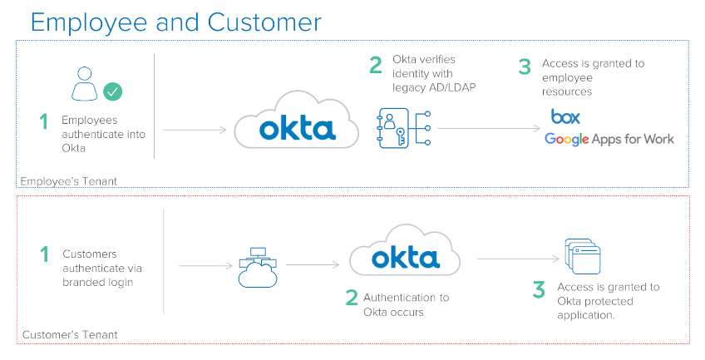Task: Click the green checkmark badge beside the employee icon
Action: click(112, 90)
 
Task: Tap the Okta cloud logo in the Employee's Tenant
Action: click(296, 127)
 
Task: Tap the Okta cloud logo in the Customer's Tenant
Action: click(405, 256)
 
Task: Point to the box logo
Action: click(565, 116)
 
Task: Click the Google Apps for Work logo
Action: click(609, 139)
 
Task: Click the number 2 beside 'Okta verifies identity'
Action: click(376, 65)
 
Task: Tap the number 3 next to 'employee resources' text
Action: click(525, 67)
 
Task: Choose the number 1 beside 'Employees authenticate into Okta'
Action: click(43, 122)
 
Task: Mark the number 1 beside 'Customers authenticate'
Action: click(43, 254)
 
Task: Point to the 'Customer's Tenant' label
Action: click(69, 335)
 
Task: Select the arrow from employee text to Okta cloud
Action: click(195, 130)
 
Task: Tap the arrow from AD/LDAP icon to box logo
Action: click(489, 128)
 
